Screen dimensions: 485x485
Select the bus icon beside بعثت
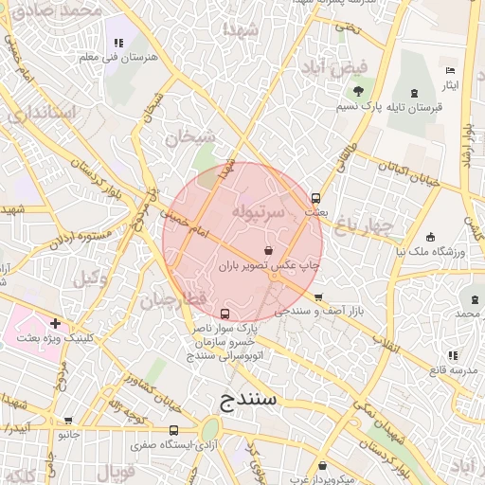pyautogui.click(x=315, y=198)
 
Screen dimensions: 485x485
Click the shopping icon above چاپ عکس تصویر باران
pyautogui.click(x=270, y=251)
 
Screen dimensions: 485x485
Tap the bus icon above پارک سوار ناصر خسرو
pyautogui.click(x=225, y=314)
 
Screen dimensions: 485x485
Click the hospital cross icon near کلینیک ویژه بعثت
pyautogui.click(x=55, y=323)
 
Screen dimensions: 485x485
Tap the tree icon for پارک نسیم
pyautogui.click(x=358, y=91)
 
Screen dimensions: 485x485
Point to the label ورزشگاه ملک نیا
pyautogui.click(x=431, y=252)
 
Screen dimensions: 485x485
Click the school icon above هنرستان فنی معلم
pyautogui.click(x=118, y=43)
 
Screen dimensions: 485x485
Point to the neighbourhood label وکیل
pyautogui.click(x=89, y=278)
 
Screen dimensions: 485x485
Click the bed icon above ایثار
pyautogui.click(x=450, y=71)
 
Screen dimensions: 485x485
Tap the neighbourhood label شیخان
pyautogui.click(x=190, y=137)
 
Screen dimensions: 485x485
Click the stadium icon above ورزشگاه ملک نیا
pyautogui.click(x=431, y=237)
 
